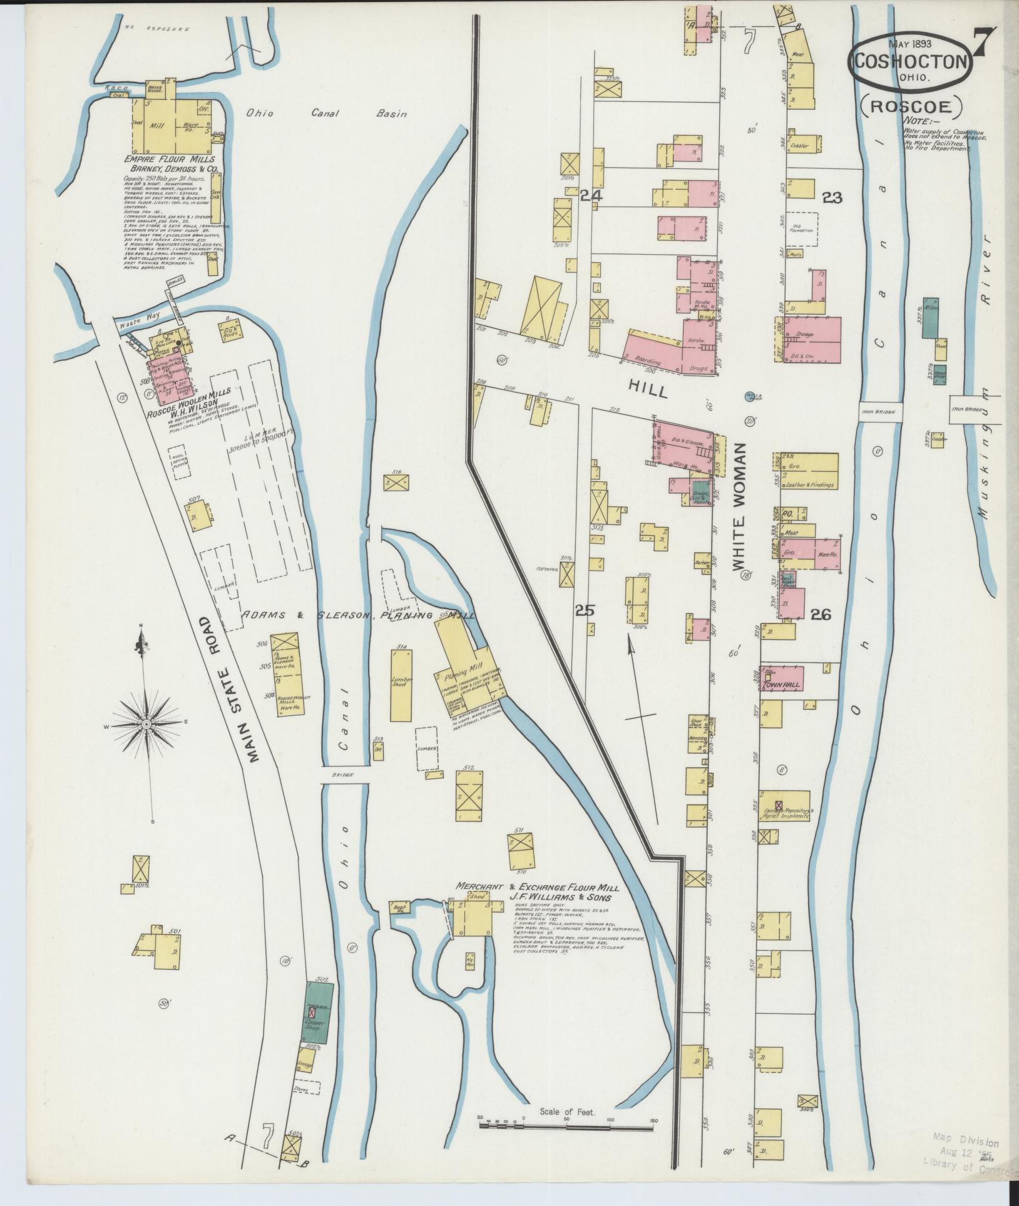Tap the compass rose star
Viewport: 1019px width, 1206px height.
pos(146,723)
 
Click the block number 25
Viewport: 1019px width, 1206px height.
pos(585,610)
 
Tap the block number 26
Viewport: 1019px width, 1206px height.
pos(821,615)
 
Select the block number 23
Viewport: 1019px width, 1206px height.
pos(832,198)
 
